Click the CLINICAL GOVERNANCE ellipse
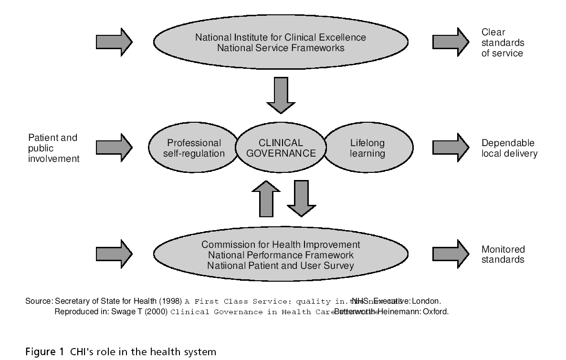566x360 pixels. tap(281, 148)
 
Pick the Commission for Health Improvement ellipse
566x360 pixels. tap(281, 255)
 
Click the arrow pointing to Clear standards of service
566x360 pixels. tap(451, 42)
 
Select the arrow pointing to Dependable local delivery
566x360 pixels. tap(451, 148)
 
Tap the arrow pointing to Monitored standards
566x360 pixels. tap(451, 254)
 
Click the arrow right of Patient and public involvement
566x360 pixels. tap(114, 148)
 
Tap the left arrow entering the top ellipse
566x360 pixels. tap(114, 42)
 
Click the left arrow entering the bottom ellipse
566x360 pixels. tap(114, 254)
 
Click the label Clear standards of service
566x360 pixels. tap(502, 43)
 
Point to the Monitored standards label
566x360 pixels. tap(503, 254)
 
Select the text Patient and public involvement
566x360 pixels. tap(53, 148)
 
